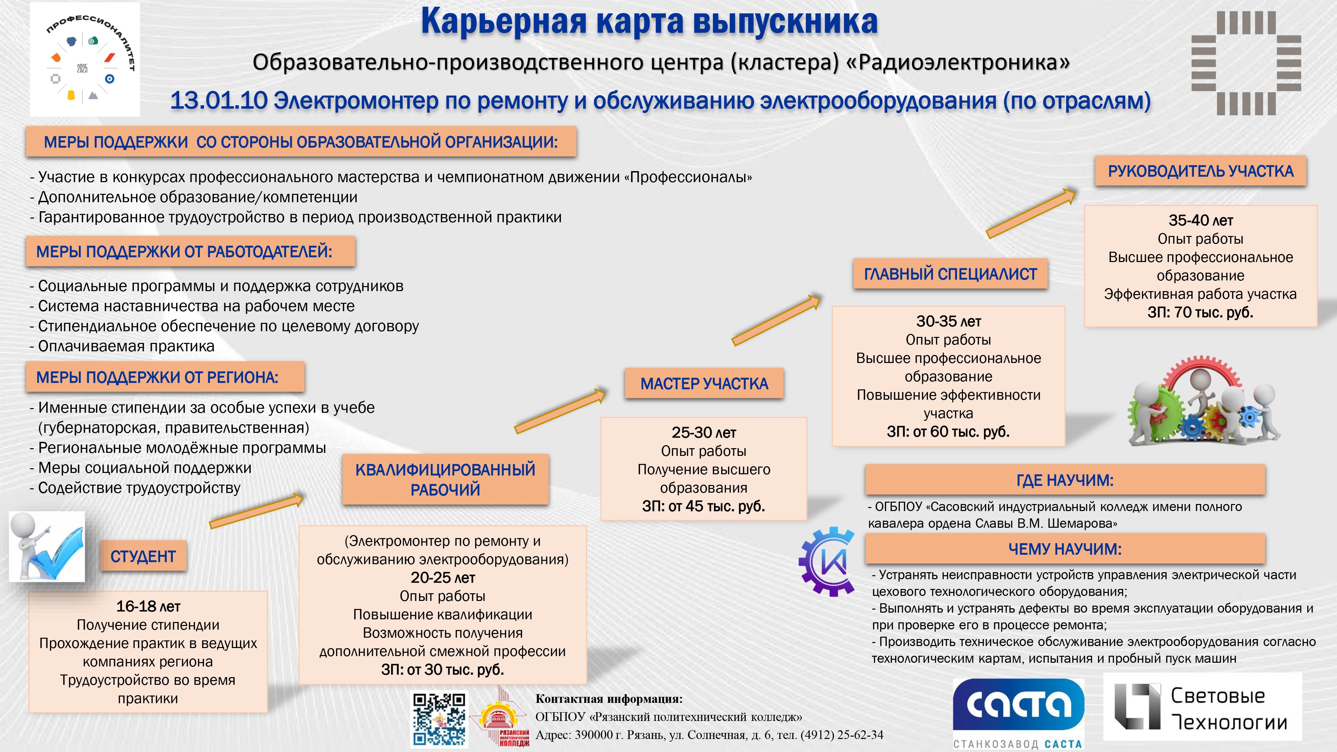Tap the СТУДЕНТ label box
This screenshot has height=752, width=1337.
[143, 556]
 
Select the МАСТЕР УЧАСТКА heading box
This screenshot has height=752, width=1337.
[704, 384]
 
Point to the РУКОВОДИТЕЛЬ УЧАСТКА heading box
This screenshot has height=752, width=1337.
[1201, 171]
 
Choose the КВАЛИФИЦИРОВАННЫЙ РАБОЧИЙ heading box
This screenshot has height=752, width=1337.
[445, 479]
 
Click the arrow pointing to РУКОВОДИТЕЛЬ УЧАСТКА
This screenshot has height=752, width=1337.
[1031, 213]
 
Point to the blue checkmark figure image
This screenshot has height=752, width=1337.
[47, 546]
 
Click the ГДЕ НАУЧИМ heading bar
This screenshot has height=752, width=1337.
[1065, 480]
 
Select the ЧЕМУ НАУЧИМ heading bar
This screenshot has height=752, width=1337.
[1065, 548]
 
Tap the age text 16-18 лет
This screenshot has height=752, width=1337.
[148, 606]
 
